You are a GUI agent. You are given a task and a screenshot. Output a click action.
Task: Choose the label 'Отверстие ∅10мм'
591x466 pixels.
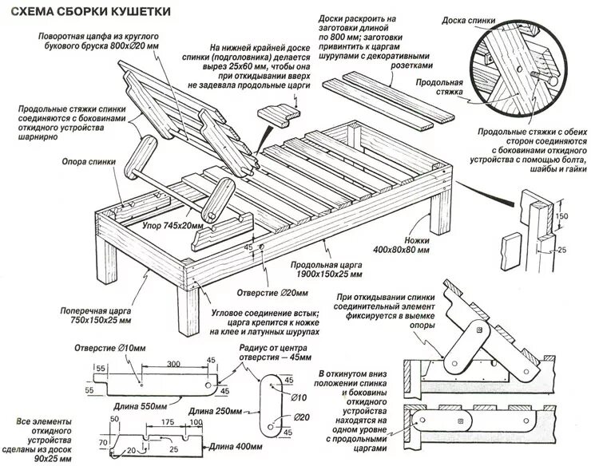122,348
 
